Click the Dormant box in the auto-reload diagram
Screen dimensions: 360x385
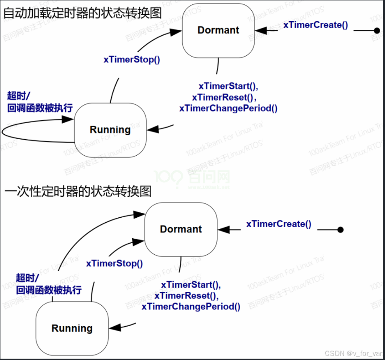(218, 30)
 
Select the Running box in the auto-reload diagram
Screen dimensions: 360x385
(110, 130)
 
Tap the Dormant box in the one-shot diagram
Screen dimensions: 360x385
(181, 229)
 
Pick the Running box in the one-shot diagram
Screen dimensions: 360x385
(72, 329)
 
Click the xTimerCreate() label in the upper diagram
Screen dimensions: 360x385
(315, 25)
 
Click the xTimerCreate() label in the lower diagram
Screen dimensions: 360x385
(279, 224)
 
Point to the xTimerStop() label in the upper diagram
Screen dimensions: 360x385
(132, 59)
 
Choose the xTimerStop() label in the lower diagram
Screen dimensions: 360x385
(115, 263)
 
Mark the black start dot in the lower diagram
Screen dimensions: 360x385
(340, 230)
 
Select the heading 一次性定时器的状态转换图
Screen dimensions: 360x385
(78, 191)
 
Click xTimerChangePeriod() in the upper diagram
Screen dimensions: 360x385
(228, 108)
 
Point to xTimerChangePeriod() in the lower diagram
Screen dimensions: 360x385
(191, 306)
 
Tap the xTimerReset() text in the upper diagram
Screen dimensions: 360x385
(225, 97)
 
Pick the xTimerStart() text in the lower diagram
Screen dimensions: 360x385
(191, 285)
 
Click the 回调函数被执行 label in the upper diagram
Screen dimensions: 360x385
(40, 108)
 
